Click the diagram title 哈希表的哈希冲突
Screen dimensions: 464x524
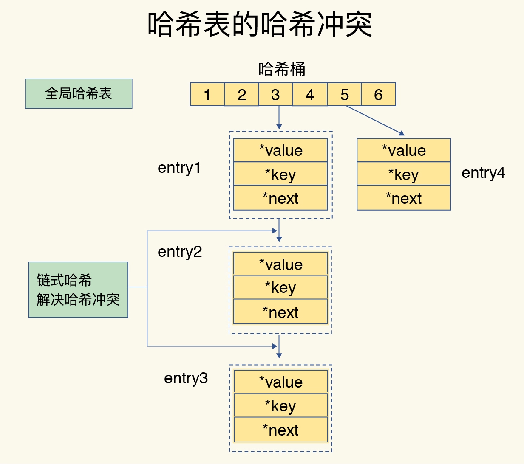[x=260, y=25]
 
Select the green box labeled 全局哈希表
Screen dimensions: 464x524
[x=79, y=93]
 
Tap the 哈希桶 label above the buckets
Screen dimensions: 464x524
[x=282, y=69]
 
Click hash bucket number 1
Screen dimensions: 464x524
[x=207, y=94]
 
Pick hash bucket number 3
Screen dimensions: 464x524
[x=275, y=94]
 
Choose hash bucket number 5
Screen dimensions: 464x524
[x=344, y=94]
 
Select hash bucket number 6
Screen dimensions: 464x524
[x=378, y=94]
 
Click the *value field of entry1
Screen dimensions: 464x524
[x=280, y=150]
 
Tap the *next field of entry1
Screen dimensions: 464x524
[x=280, y=198]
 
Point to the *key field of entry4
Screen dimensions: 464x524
[x=404, y=174]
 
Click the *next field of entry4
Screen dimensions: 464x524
[x=404, y=198]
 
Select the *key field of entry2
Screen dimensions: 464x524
[x=280, y=287]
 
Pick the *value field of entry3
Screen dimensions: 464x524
[x=280, y=382]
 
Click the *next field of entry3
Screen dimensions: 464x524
[x=280, y=430]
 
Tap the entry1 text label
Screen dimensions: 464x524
[x=179, y=168]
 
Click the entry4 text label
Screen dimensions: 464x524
[x=483, y=173]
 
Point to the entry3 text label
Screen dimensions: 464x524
[x=186, y=378]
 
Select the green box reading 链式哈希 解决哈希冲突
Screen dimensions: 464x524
[x=78, y=290]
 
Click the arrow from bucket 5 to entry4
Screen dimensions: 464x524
[x=375, y=121]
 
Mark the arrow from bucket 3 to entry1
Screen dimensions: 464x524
[x=279, y=118]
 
